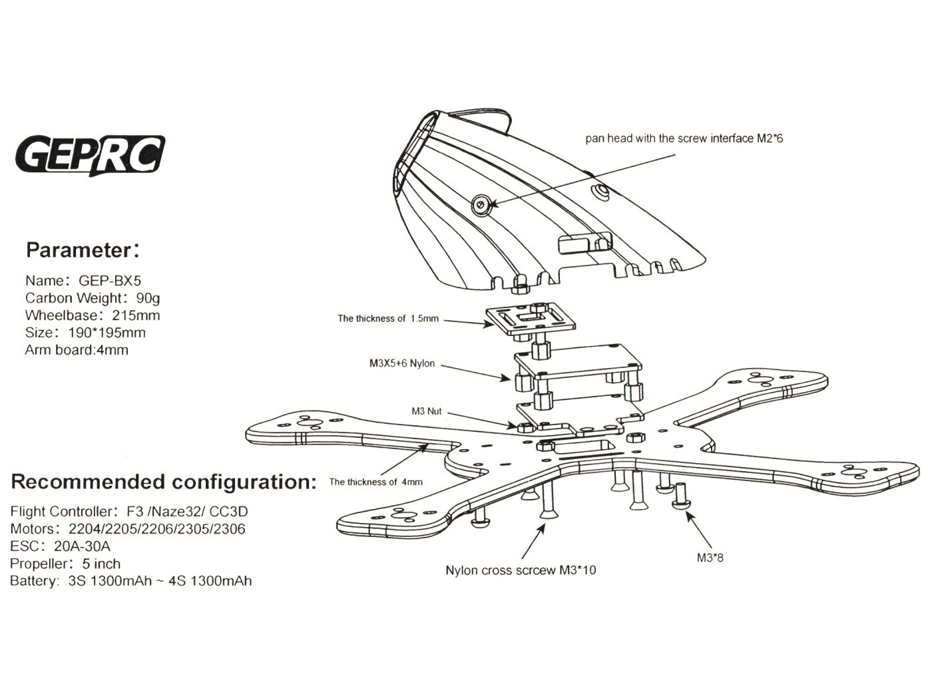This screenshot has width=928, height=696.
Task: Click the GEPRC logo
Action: [x=90, y=155]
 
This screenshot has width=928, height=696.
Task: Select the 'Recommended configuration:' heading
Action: [x=164, y=482]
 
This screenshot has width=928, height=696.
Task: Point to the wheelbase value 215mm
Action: [x=136, y=315]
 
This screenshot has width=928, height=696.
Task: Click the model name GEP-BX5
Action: [x=110, y=281]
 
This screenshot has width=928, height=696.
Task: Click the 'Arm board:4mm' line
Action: [x=77, y=350]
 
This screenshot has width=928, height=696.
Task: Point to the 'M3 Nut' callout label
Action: [x=426, y=411]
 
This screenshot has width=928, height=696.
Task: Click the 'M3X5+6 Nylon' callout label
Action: [x=401, y=363]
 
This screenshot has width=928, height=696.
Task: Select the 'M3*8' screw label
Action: [x=710, y=558]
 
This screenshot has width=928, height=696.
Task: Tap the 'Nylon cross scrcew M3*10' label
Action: [x=521, y=570]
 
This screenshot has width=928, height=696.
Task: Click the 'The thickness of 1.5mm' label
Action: [x=388, y=319]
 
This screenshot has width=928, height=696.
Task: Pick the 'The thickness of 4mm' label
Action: [x=376, y=482]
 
